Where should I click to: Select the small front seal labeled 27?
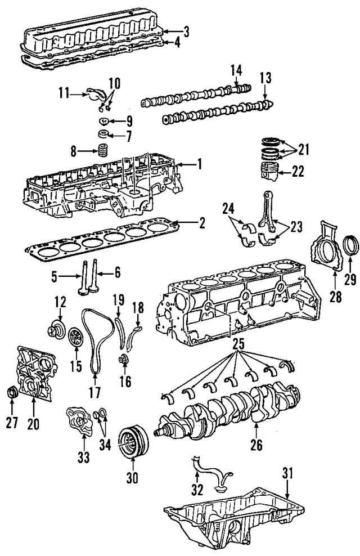[x=12, y=392]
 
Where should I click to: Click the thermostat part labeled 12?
[x=56, y=328]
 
